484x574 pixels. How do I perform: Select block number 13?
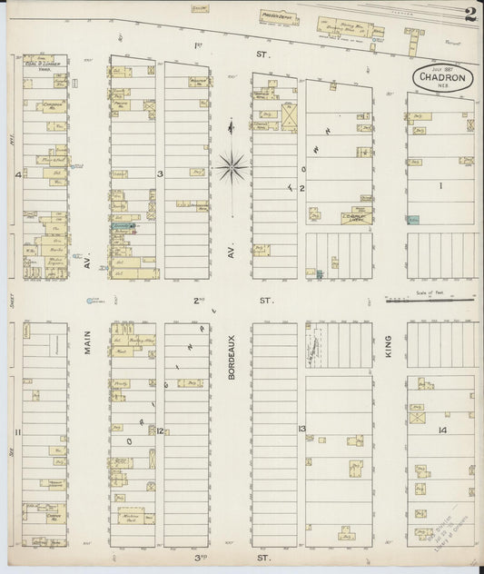point(301,428)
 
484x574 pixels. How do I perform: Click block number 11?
point(17,444)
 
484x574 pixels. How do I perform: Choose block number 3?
point(160,173)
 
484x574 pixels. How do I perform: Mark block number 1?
point(443,186)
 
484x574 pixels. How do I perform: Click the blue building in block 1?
point(413,220)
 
